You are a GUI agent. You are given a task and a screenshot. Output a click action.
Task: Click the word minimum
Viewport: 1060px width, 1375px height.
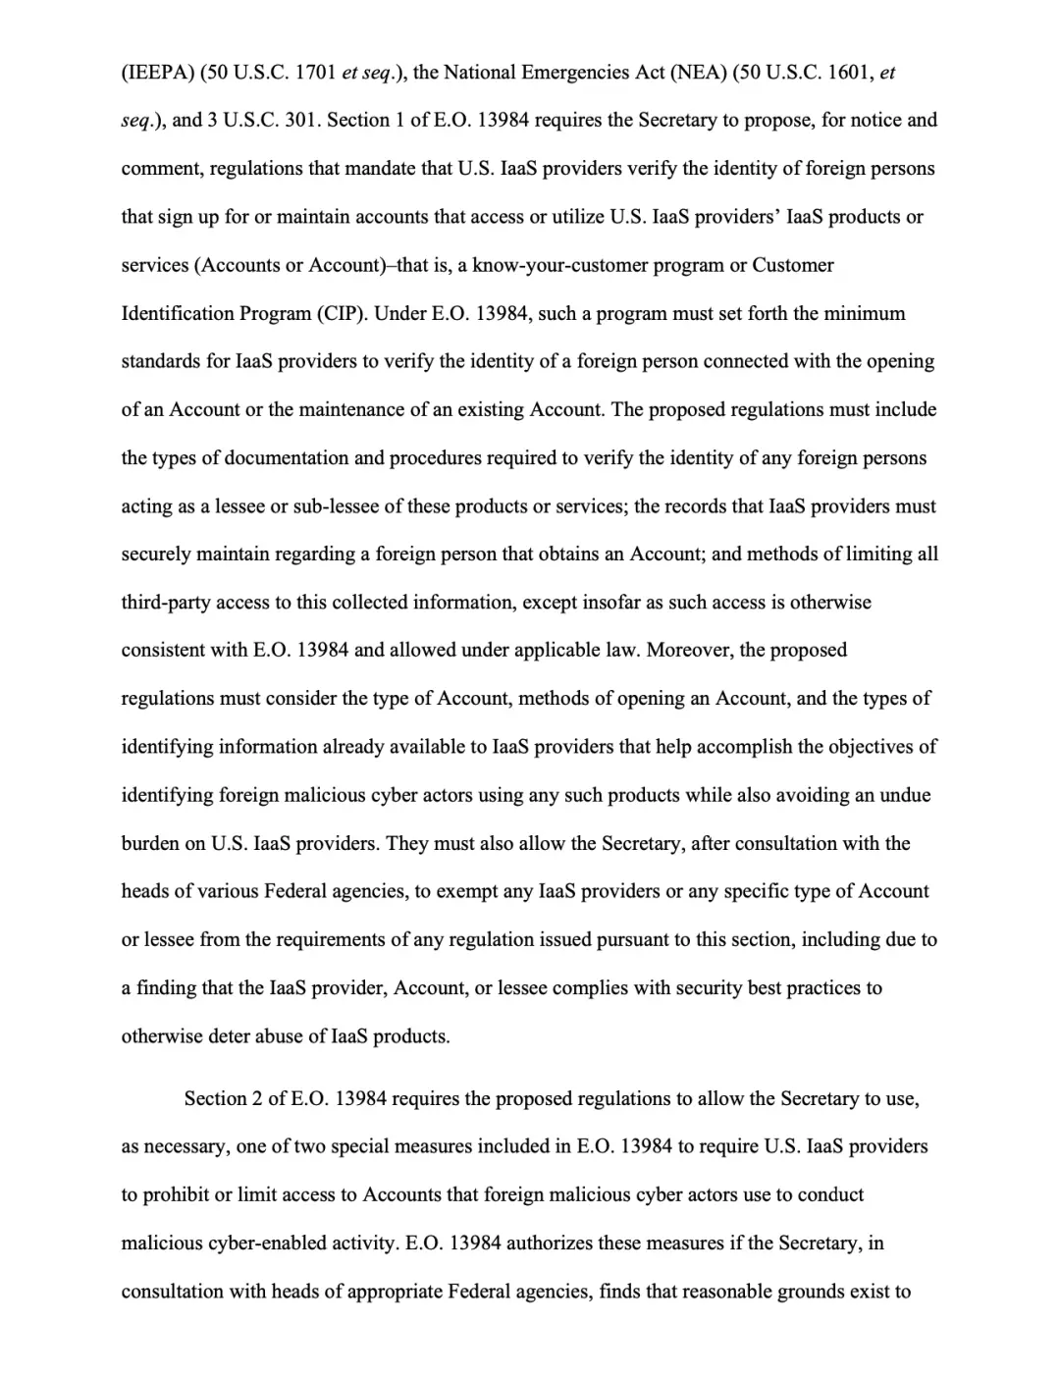(x=869, y=314)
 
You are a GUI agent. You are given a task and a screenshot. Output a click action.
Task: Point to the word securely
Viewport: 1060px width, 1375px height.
(x=156, y=555)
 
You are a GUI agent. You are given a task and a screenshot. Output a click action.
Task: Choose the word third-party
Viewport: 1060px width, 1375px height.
(x=166, y=603)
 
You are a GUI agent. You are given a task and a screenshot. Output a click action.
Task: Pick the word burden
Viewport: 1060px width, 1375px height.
(x=150, y=844)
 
